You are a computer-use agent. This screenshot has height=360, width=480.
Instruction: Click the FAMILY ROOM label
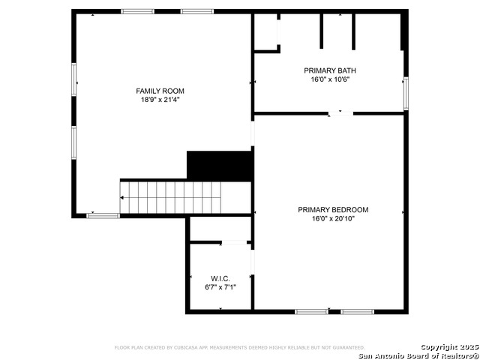point(160,91)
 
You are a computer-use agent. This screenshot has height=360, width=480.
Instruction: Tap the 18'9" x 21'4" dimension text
point(160,100)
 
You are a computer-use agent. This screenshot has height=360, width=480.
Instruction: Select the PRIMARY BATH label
point(330,70)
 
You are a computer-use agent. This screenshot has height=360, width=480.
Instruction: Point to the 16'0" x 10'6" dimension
point(330,79)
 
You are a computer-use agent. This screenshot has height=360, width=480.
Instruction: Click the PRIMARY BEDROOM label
point(333,210)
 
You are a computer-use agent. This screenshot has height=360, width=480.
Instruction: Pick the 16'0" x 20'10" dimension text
point(333,219)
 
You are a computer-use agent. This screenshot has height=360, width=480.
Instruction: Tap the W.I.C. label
point(220,279)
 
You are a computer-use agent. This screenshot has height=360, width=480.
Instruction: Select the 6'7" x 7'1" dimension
point(220,287)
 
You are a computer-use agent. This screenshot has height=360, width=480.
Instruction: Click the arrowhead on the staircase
point(121,198)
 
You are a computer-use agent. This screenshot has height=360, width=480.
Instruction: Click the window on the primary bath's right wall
point(406,93)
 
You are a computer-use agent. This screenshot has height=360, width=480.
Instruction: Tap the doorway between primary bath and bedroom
point(340,113)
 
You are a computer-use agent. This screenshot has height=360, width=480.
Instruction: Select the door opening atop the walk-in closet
point(234,242)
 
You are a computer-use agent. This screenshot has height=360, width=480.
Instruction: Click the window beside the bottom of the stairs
point(103,216)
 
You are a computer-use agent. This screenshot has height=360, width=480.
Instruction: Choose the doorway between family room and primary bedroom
point(253,133)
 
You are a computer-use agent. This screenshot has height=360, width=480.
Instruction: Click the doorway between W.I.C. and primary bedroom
point(253,262)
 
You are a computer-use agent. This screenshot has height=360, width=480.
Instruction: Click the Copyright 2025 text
point(449,347)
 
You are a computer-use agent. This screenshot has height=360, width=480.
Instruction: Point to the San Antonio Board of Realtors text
point(418,356)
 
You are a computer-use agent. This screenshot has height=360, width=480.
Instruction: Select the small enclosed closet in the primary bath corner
point(265,31)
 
